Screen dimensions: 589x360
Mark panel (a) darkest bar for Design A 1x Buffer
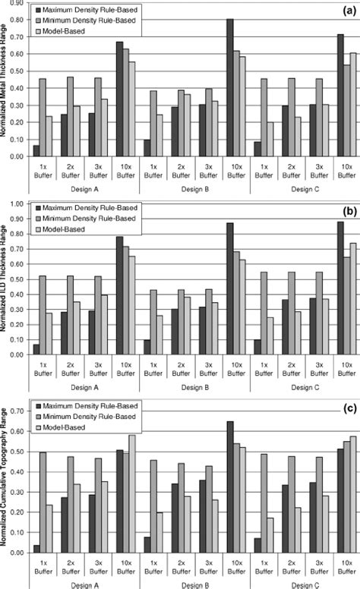click(x=36, y=150)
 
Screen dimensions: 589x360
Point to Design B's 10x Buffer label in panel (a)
click(x=237, y=171)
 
